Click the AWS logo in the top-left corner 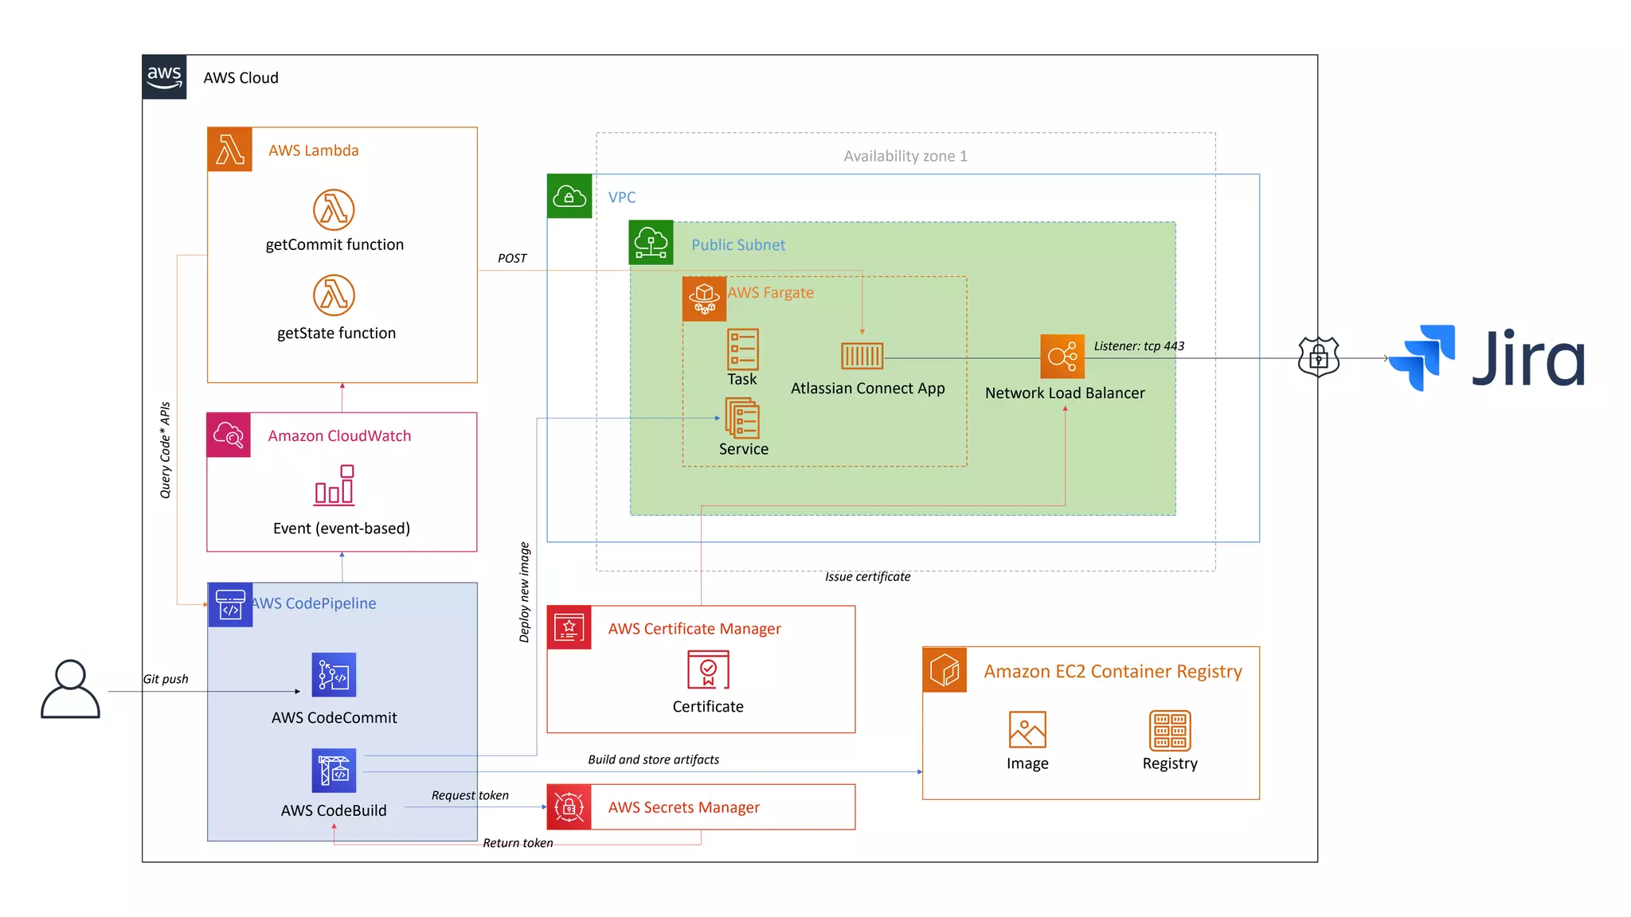164,77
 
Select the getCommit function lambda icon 334,209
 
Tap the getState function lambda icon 334,295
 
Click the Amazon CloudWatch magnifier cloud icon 229,435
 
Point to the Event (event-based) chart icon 334,486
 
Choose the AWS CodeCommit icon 334,675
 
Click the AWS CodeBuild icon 334,771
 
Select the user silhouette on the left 70,689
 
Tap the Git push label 166,679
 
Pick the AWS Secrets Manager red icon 569,807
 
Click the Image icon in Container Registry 1027,729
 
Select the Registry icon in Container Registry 1170,731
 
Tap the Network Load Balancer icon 1062,357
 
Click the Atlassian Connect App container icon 862,356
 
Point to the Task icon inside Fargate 742,349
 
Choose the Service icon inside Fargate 742,418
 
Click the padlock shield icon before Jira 1318,357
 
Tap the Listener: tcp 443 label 1138,346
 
